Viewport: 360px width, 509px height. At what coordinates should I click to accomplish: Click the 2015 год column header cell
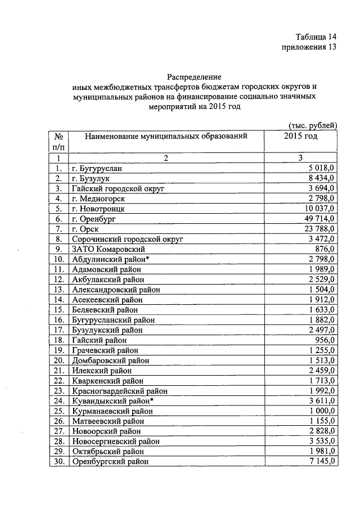click(x=301, y=136)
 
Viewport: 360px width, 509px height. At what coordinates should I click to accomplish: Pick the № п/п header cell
click(x=58, y=141)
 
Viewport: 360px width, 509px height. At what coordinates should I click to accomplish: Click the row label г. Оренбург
click(x=95, y=218)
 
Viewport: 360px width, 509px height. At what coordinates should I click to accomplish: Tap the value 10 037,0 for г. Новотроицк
click(x=318, y=208)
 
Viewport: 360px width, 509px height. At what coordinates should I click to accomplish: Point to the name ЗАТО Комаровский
click(x=109, y=249)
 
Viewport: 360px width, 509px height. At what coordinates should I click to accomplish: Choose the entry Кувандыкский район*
click(x=112, y=400)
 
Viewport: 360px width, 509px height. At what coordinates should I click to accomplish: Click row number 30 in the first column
click(x=58, y=461)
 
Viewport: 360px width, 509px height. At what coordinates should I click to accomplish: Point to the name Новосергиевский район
click(x=115, y=441)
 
